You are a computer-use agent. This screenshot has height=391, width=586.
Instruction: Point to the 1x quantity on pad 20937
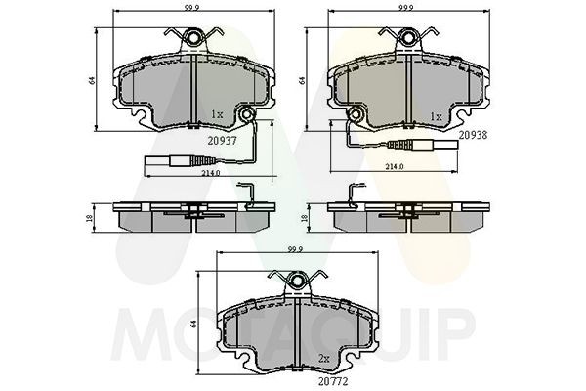(217, 115)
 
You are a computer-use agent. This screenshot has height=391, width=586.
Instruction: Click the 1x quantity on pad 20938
(437, 115)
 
